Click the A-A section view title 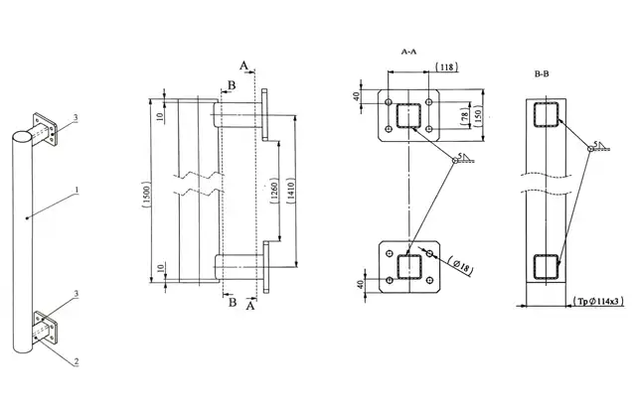[x=407, y=50]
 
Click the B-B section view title [x=544, y=74]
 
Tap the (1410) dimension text [x=289, y=192]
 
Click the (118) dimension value [x=449, y=68]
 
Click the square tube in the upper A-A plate [x=408, y=116]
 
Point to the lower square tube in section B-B [x=545, y=267]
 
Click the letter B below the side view [x=233, y=304]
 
